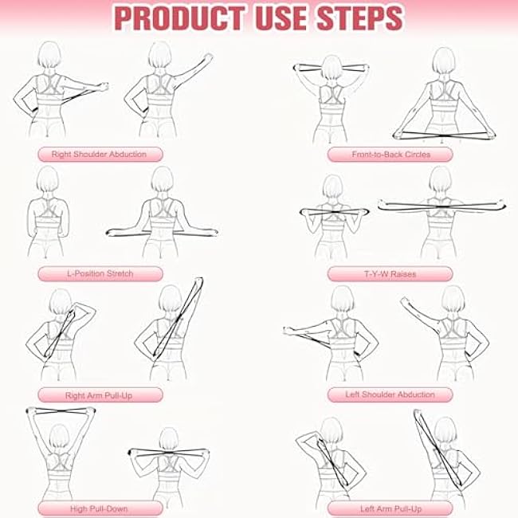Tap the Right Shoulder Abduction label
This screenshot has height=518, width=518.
(x=100, y=155)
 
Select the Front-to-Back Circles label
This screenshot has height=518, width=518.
(x=390, y=155)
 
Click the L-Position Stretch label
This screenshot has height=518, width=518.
(x=100, y=273)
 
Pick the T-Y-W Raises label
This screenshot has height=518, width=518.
(x=390, y=274)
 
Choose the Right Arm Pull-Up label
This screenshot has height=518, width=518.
(x=100, y=394)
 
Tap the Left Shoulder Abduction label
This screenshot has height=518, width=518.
(x=390, y=394)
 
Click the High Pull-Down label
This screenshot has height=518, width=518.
(x=100, y=508)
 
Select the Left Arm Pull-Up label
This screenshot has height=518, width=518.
(x=390, y=508)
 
